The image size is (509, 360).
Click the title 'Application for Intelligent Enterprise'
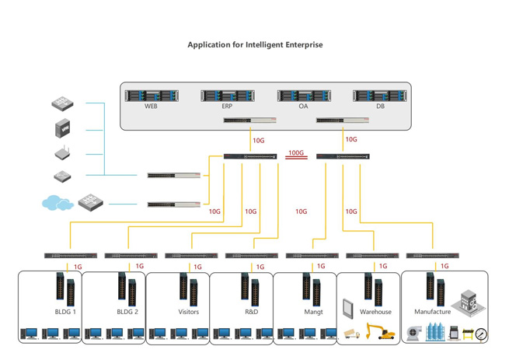point(255,45)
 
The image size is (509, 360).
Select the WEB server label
point(151,107)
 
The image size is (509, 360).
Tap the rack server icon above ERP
point(227,96)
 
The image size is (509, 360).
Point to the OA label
point(303,107)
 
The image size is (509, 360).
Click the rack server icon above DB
point(379,96)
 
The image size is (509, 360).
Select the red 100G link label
point(296,153)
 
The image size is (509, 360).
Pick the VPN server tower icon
point(63,128)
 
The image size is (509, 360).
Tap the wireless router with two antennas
point(63,153)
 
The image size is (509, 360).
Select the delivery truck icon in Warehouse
point(352,334)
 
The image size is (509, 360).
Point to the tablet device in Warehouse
point(349,307)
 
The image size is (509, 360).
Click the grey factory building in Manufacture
point(467,299)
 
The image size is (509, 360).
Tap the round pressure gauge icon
point(482,334)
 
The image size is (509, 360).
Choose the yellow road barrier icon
point(467,334)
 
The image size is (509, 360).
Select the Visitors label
point(189,312)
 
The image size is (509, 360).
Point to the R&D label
point(251,312)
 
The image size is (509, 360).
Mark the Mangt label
point(313,312)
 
